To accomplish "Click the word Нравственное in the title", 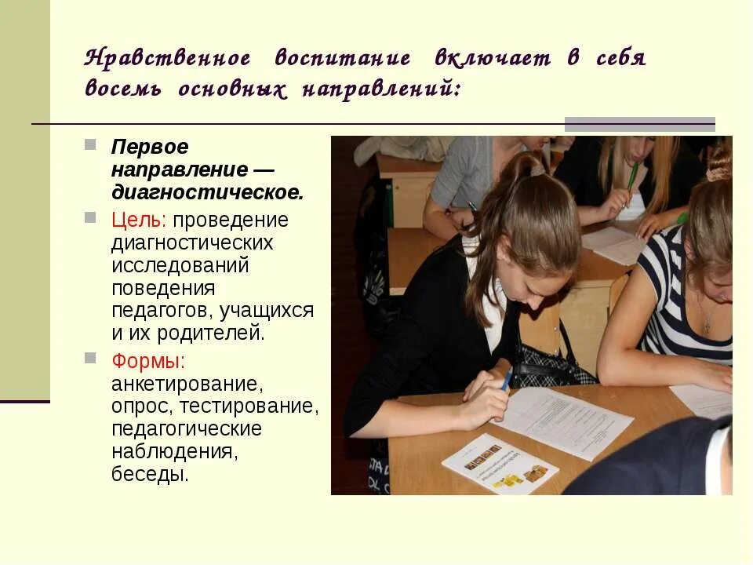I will coord(168,60).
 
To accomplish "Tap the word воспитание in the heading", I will coord(343,60).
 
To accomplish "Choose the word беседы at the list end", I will coord(150,474).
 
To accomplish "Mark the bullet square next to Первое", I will coord(91,145).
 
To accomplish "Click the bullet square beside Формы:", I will coord(91,359).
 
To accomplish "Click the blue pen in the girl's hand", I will coord(507,380).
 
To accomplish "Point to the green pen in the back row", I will coord(631,177).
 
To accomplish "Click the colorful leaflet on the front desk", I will coord(500,464).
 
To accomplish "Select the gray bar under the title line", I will coord(639,123).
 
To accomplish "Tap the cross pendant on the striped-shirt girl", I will coord(707,323).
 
